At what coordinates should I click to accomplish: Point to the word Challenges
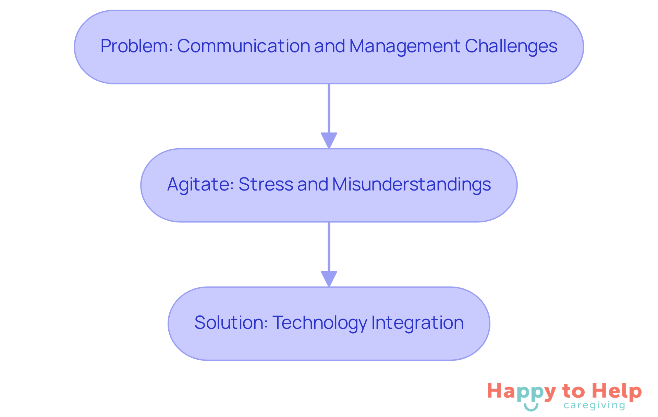point(511,47)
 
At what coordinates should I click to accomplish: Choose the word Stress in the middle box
point(266,184)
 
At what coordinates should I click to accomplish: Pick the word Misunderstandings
point(411,184)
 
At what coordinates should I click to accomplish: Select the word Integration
point(417,323)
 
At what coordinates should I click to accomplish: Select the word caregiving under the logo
point(594,406)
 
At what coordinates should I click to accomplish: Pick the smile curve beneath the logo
point(531,407)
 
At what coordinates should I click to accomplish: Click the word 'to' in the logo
point(574,391)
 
